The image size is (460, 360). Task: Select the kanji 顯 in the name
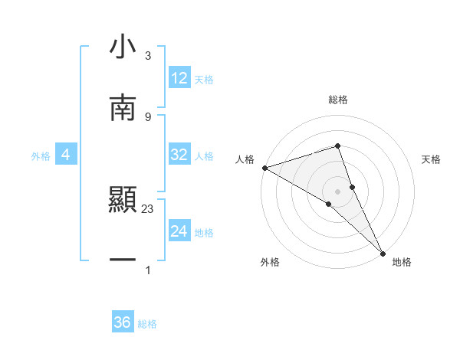pyautogui.click(x=123, y=201)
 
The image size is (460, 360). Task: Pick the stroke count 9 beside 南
pyautogui.click(x=147, y=116)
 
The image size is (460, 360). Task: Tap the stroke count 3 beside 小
pyautogui.click(x=147, y=56)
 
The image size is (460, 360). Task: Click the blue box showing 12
pyautogui.click(x=179, y=78)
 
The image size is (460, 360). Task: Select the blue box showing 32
pyautogui.click(x=179, y=155)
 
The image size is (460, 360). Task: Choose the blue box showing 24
pyautogui.click(x=179, y=231)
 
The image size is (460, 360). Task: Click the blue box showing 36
pyautogui.click(x=123, y=322)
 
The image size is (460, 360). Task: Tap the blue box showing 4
pyautogui.click(x=66, y=155)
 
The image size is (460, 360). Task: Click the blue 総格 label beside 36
pyautogui.click(x=148, y=324)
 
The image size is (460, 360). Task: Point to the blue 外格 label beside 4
pyautogui.click(x=41, y=155)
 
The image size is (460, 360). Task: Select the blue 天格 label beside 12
pyautogui.click(x=204, y=79)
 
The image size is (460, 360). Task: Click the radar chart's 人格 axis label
pyautogui.click(x=245, y=159)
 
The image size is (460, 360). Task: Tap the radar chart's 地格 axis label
pyautogui.click(x=402, y=262)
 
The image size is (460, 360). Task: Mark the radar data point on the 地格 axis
pyautogui.click(x=383, y=252)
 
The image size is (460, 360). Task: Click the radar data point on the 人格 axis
pyautogui.click(x=264, y=168)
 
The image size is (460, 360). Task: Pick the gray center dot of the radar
pyautogui.click(x=337, y=191)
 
